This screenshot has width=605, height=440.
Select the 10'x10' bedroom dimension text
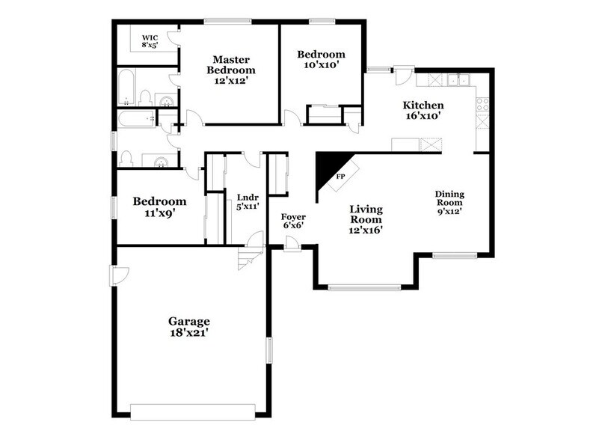[x=321, y=65]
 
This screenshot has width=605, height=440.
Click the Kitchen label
[x=423, y=106]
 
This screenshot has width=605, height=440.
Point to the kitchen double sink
[x=455, y=79]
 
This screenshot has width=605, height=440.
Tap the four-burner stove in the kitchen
[x=482, y=103]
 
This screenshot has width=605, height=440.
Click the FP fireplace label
[x=340, y=177]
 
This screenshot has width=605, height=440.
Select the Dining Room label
[x=449, y=198]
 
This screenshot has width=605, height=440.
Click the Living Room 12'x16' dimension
[x=366, y=231]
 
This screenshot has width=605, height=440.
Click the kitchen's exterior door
[x=404, y=73]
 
